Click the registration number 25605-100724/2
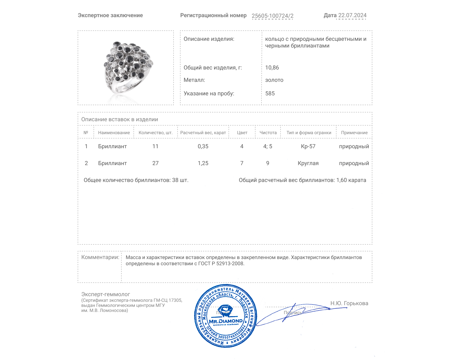tap(272, 16)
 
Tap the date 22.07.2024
tap(352, 15)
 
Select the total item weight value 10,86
tap(272, 67)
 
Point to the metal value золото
tap(274, 80)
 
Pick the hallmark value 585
tap(270, 93)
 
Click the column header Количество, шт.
tap(156, 132)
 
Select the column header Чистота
tap(268, 132)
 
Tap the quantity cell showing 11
tap(155, 146)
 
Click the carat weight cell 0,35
tap(203, 146)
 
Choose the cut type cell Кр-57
tap(308, 146)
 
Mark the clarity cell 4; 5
tap(267, 146)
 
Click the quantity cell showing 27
tap(155, 163)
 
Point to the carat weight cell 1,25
tap(203, 163)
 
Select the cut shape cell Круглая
tap(308, 163)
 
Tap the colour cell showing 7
tap(242, 163)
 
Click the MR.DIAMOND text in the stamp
tap(226, 321)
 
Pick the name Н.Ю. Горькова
tap(349, 303)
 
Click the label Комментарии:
tap(100, 257)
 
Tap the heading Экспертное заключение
tap(110, 15)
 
